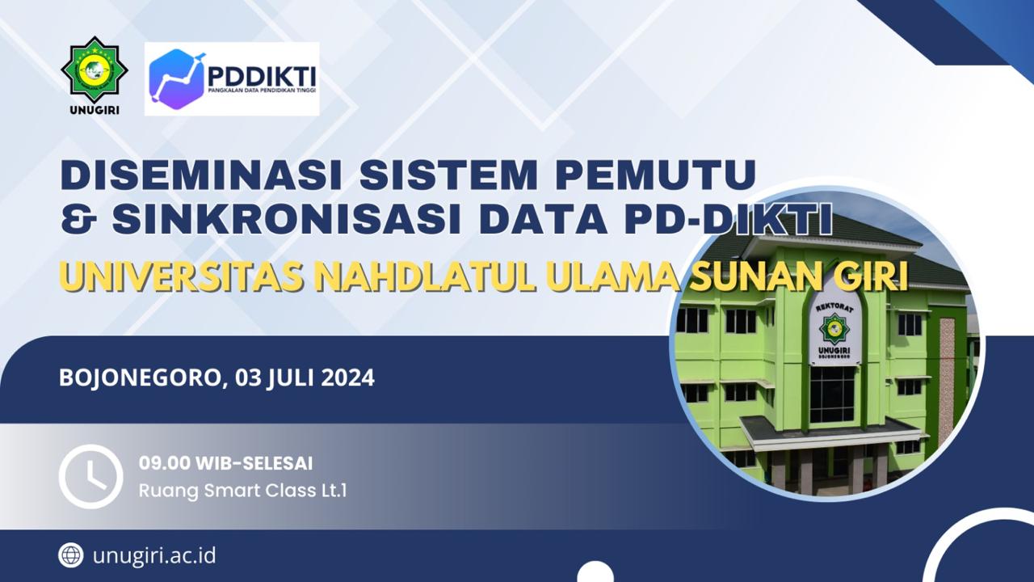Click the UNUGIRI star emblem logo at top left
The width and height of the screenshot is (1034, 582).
[95, 70]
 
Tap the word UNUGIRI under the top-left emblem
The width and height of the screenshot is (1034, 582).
[95, 111]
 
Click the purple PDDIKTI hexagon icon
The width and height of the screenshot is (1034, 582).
[177, 79]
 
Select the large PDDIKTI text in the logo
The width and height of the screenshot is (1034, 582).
[262, 75]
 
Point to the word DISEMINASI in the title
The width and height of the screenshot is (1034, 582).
[202, 175]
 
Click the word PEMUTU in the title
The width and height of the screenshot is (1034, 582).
[658, 175]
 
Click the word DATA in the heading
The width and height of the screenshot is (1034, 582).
[543, 218]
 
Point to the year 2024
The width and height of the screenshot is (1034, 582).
[348, 377]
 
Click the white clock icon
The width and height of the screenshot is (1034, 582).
[91, 476]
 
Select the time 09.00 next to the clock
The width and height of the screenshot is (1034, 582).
[164, 463]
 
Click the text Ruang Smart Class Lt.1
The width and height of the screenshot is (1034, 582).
[243, 490]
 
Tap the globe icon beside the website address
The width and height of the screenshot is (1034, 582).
[71, 555]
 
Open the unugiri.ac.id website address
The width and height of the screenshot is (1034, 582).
[154, 555]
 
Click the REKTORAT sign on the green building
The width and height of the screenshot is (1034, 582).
[834, 308]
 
